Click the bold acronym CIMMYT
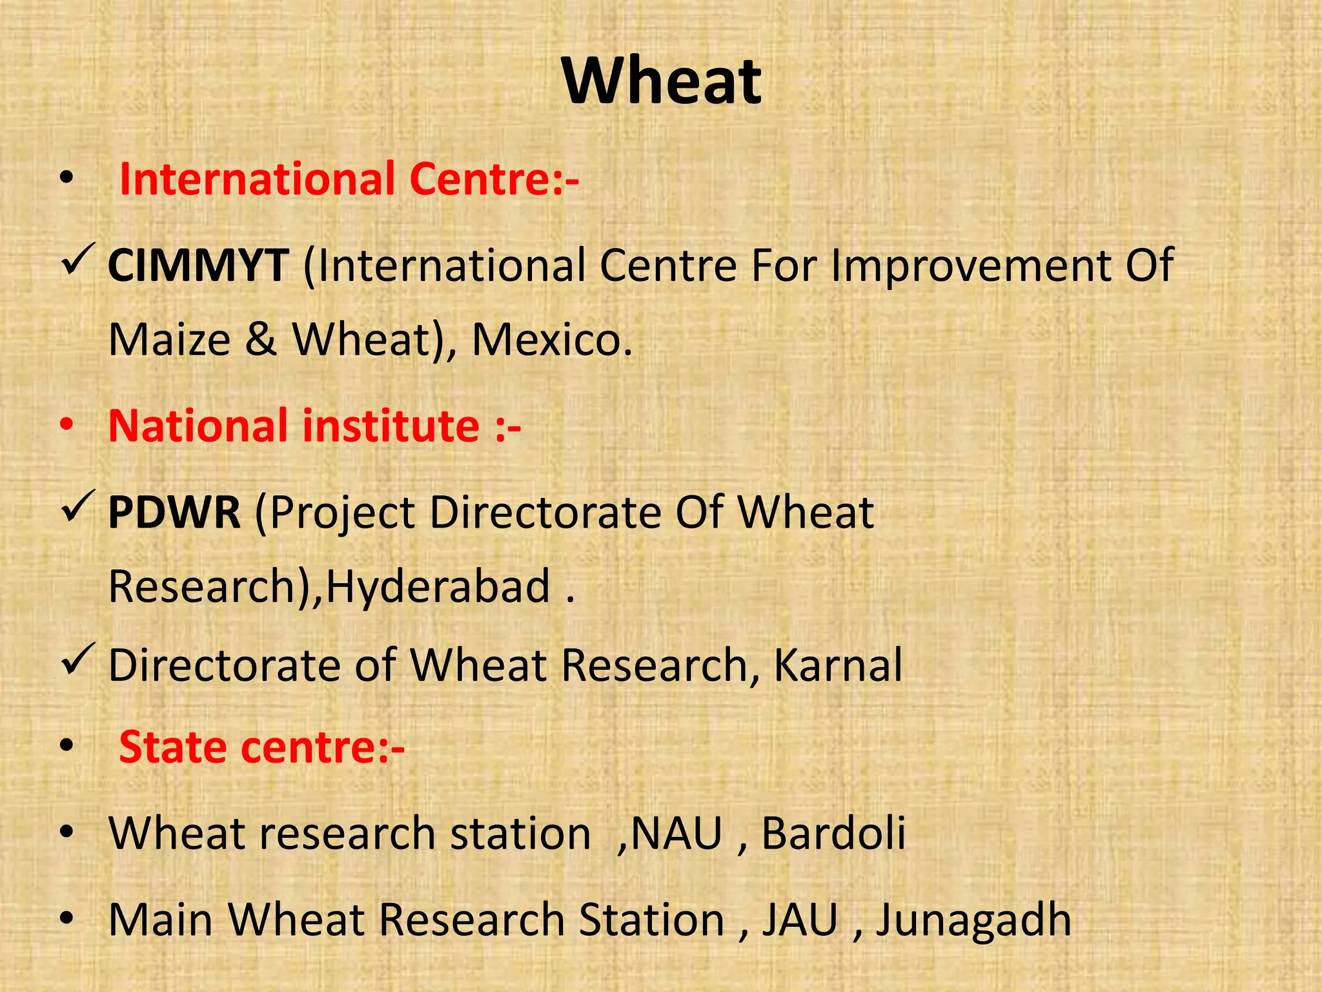198,265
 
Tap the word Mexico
551,340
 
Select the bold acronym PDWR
174,513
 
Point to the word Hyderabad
438,586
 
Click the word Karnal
837,665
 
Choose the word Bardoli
833,833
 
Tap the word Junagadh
973,920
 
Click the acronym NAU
676,834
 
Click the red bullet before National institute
66,426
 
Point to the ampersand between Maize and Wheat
261,340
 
